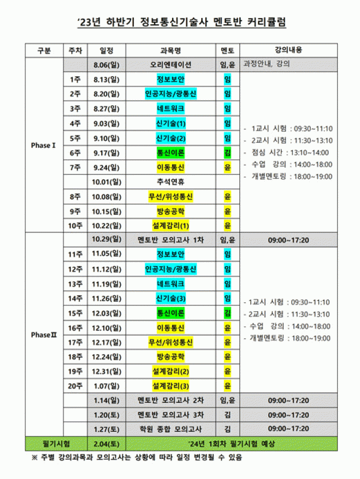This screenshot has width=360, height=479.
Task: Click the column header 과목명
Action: click(x=170, y=51)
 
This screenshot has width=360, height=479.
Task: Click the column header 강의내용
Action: click(x=289, y=50)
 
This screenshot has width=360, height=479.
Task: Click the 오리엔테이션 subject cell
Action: click(x=170, y=65)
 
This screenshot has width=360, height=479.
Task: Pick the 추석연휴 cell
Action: click(x=170, y=182)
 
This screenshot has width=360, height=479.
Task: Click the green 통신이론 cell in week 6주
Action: click(x=170, y=153)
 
